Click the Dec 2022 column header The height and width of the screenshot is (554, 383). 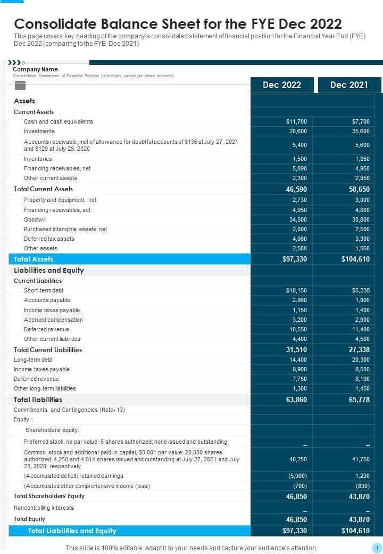click(x=281, y=85)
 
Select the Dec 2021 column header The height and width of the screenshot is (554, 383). click(x=349, y=85)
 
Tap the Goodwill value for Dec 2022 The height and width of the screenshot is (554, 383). click(x=298, y=219)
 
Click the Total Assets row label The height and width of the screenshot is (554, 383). click(x=34, y=259)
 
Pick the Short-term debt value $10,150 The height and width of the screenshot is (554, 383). click(x=296, y=290)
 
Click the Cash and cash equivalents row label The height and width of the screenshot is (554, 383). click(x=58, y=121)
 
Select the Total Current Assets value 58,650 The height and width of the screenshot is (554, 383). click(x=359, y=189)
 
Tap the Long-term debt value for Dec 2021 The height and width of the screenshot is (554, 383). click(x=360, y=360)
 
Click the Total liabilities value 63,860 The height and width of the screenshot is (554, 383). click(x=297, y=400)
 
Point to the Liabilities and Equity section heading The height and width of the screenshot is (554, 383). click(x=49, y=270)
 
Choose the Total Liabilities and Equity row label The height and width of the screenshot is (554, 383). click(x=72, y=531)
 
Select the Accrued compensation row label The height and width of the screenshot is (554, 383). click(x=53, y=320)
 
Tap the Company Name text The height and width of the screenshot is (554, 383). click(x=35, y=69)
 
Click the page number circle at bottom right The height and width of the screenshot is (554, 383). click(x=376, y=548)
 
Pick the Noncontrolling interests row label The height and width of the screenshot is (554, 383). click(x=44, y=508)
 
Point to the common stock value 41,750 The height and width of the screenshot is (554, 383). click(x=360, y=459)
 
